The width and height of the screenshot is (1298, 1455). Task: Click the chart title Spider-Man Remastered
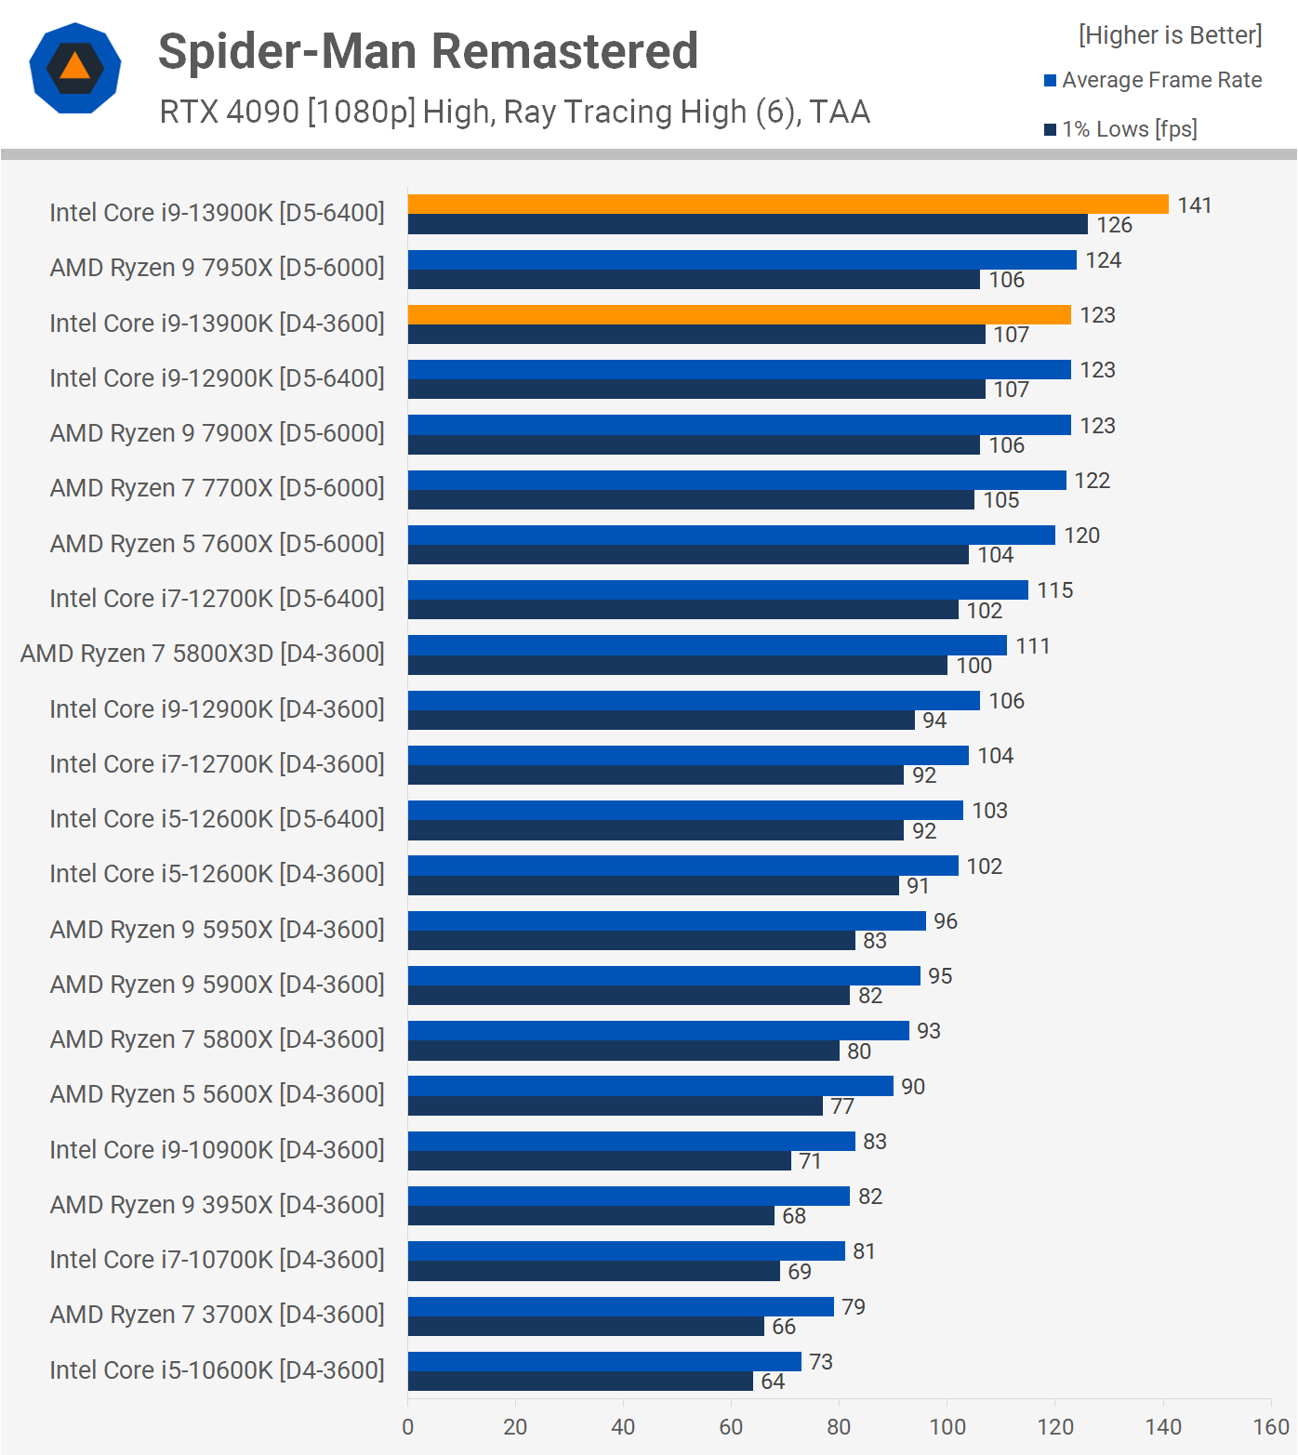428,51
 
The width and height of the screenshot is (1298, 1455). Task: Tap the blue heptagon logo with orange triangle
75,68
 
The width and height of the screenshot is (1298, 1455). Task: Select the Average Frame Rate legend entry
1161,80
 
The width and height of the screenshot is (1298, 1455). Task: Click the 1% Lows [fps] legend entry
1129,129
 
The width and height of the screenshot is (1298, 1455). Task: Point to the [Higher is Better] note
1170,35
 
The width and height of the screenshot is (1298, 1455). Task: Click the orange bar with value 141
788,205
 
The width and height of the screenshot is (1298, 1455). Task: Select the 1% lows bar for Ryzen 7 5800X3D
677,666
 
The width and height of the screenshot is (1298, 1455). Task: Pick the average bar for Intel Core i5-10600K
604,1361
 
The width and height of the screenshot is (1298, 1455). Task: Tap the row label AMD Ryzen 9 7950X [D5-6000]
217,268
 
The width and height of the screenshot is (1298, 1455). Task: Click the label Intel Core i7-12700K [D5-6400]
217,599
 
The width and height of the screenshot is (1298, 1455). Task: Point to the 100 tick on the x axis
947,1427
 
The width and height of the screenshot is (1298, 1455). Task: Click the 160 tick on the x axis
1270,1427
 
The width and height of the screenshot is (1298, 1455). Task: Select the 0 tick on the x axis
408,1427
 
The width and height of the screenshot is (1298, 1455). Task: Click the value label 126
1114,225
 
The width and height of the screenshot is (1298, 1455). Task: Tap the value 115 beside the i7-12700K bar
1054,590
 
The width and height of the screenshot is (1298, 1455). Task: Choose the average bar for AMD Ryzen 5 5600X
650,1086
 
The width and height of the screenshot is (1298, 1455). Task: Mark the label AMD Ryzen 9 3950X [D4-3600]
217,1205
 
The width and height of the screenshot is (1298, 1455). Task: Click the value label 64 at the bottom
773,1382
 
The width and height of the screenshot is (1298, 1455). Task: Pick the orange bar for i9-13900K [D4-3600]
739,315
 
